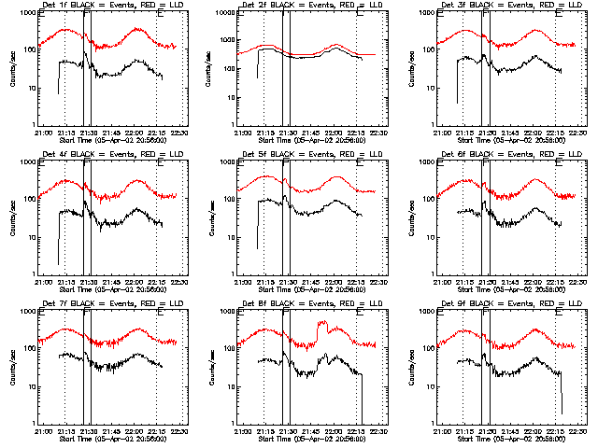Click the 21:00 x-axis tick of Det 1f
43,133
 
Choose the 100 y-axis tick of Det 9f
427,349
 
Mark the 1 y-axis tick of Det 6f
432,274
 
